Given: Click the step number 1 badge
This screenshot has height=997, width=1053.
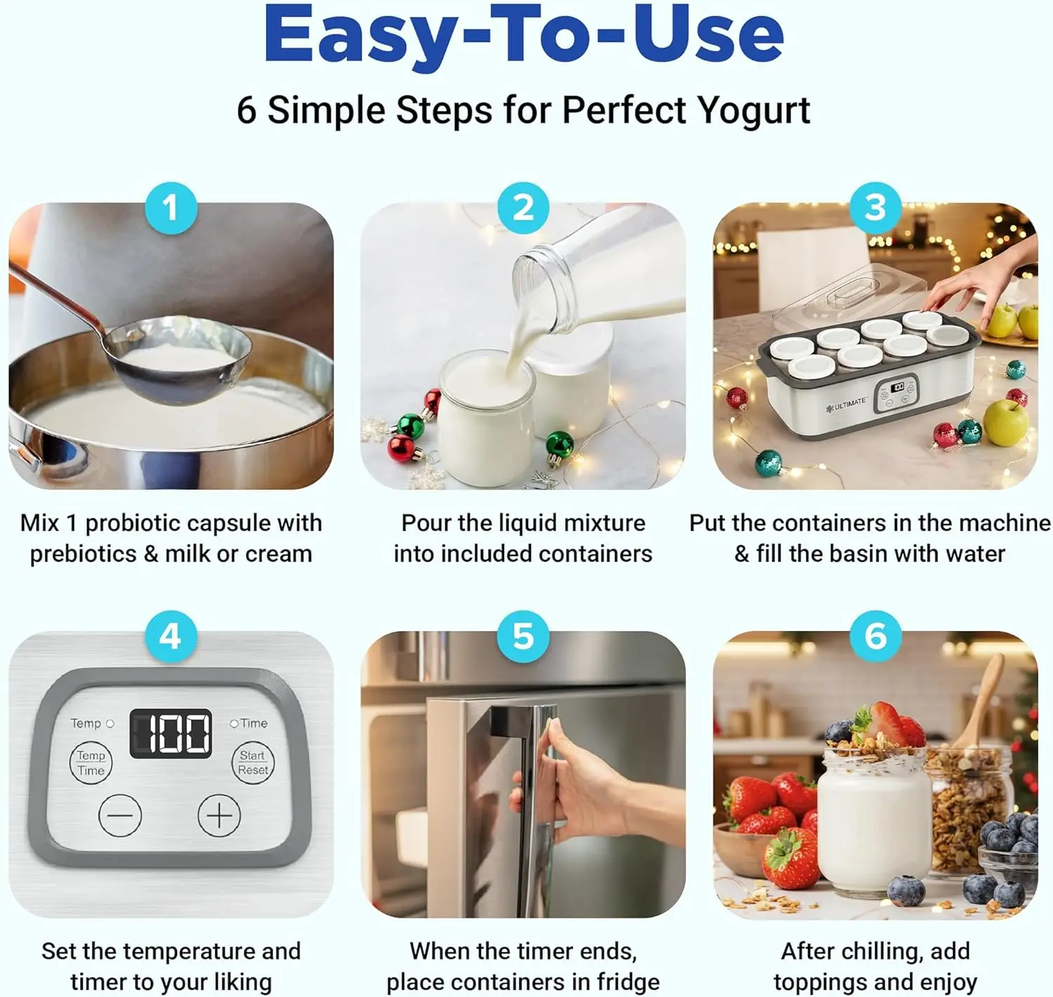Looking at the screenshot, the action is coord(171,208).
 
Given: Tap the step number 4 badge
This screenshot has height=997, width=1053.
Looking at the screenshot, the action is coord(171,637).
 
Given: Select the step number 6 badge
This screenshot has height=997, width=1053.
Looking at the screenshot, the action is coord(875,637).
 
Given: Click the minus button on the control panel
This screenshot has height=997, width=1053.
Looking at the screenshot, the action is coord(120,815).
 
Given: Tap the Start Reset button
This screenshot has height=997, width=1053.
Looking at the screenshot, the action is coord(253,763).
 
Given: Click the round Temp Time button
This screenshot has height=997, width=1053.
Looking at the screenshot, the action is coord(91,763).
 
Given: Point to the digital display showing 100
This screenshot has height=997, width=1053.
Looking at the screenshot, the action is coord(171,734).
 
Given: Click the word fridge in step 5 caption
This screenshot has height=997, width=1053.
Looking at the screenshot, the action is coord(628,982).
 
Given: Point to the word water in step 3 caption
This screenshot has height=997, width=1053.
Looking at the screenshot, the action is coord(975,554).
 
